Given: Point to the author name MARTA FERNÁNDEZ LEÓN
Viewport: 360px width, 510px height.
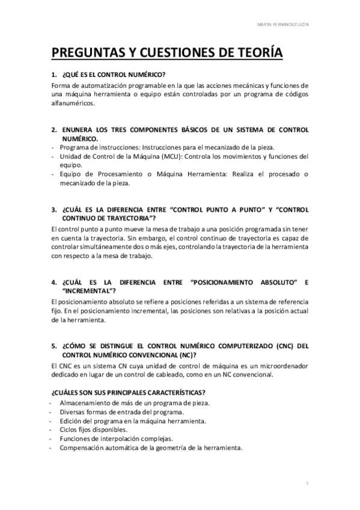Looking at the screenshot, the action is coord(283,25).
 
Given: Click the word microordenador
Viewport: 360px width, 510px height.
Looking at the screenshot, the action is coord(281,366).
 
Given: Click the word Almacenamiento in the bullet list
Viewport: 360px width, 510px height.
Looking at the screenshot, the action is coord(87,403).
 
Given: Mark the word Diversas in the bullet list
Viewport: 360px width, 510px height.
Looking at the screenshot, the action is coord(74,412).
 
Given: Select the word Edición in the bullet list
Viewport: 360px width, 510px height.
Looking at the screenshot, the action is coord(72,421).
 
